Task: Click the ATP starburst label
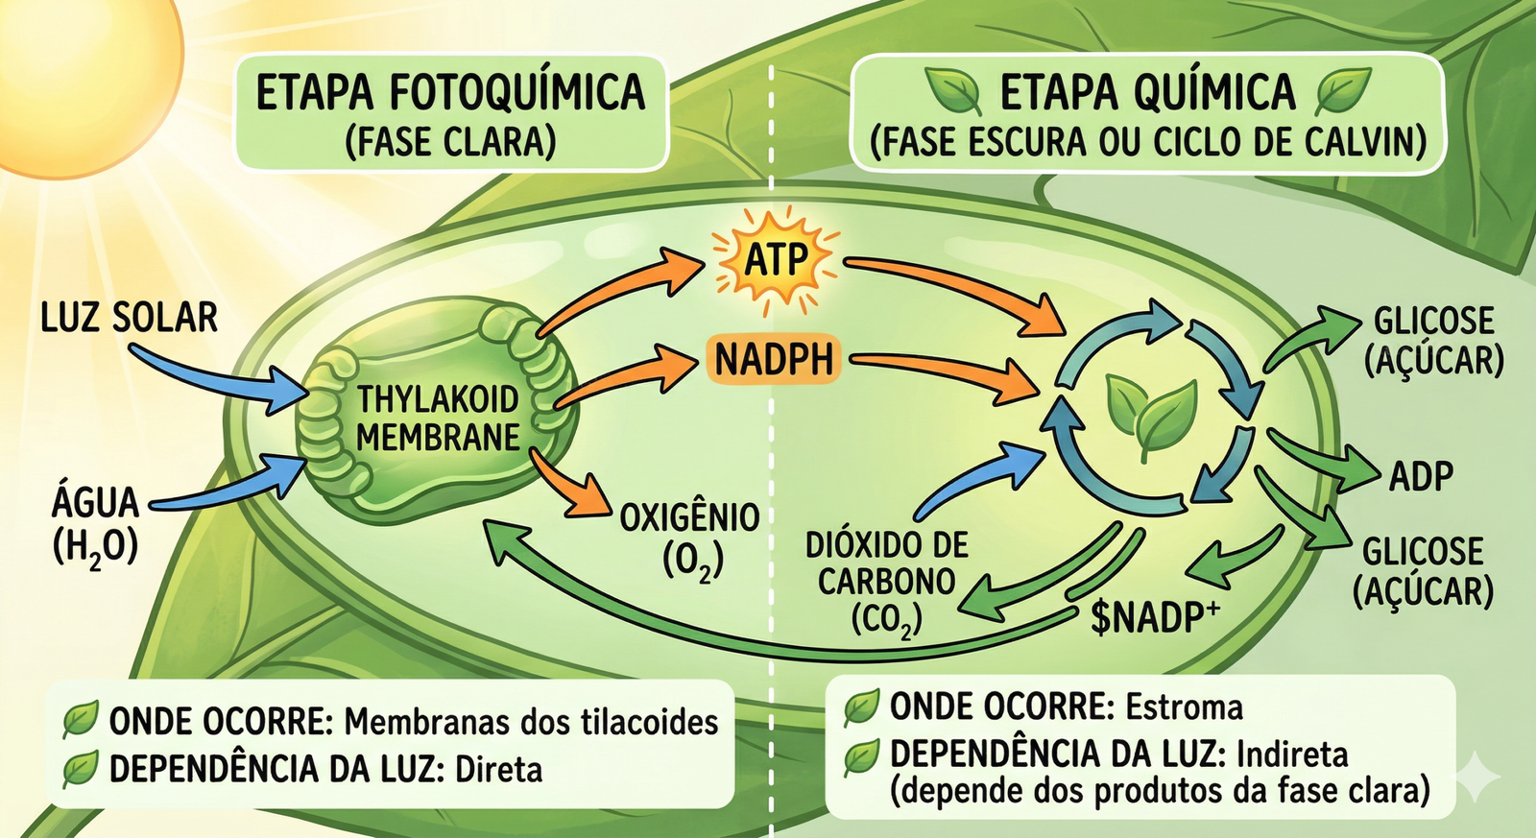[776, 258]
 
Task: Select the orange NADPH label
[774, 360]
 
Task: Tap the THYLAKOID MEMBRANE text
[438, 419]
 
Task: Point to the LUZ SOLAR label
[130, 318]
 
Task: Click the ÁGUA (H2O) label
[95, 524]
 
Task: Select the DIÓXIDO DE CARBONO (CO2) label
[886, 582]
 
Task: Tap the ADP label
[1421, 476]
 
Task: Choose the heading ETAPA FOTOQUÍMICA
[450, 93]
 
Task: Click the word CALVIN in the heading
[1364, 142]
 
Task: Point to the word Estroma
[1184, 708]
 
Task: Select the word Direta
[498, 770]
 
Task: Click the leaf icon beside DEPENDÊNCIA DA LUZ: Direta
[81, 769]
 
